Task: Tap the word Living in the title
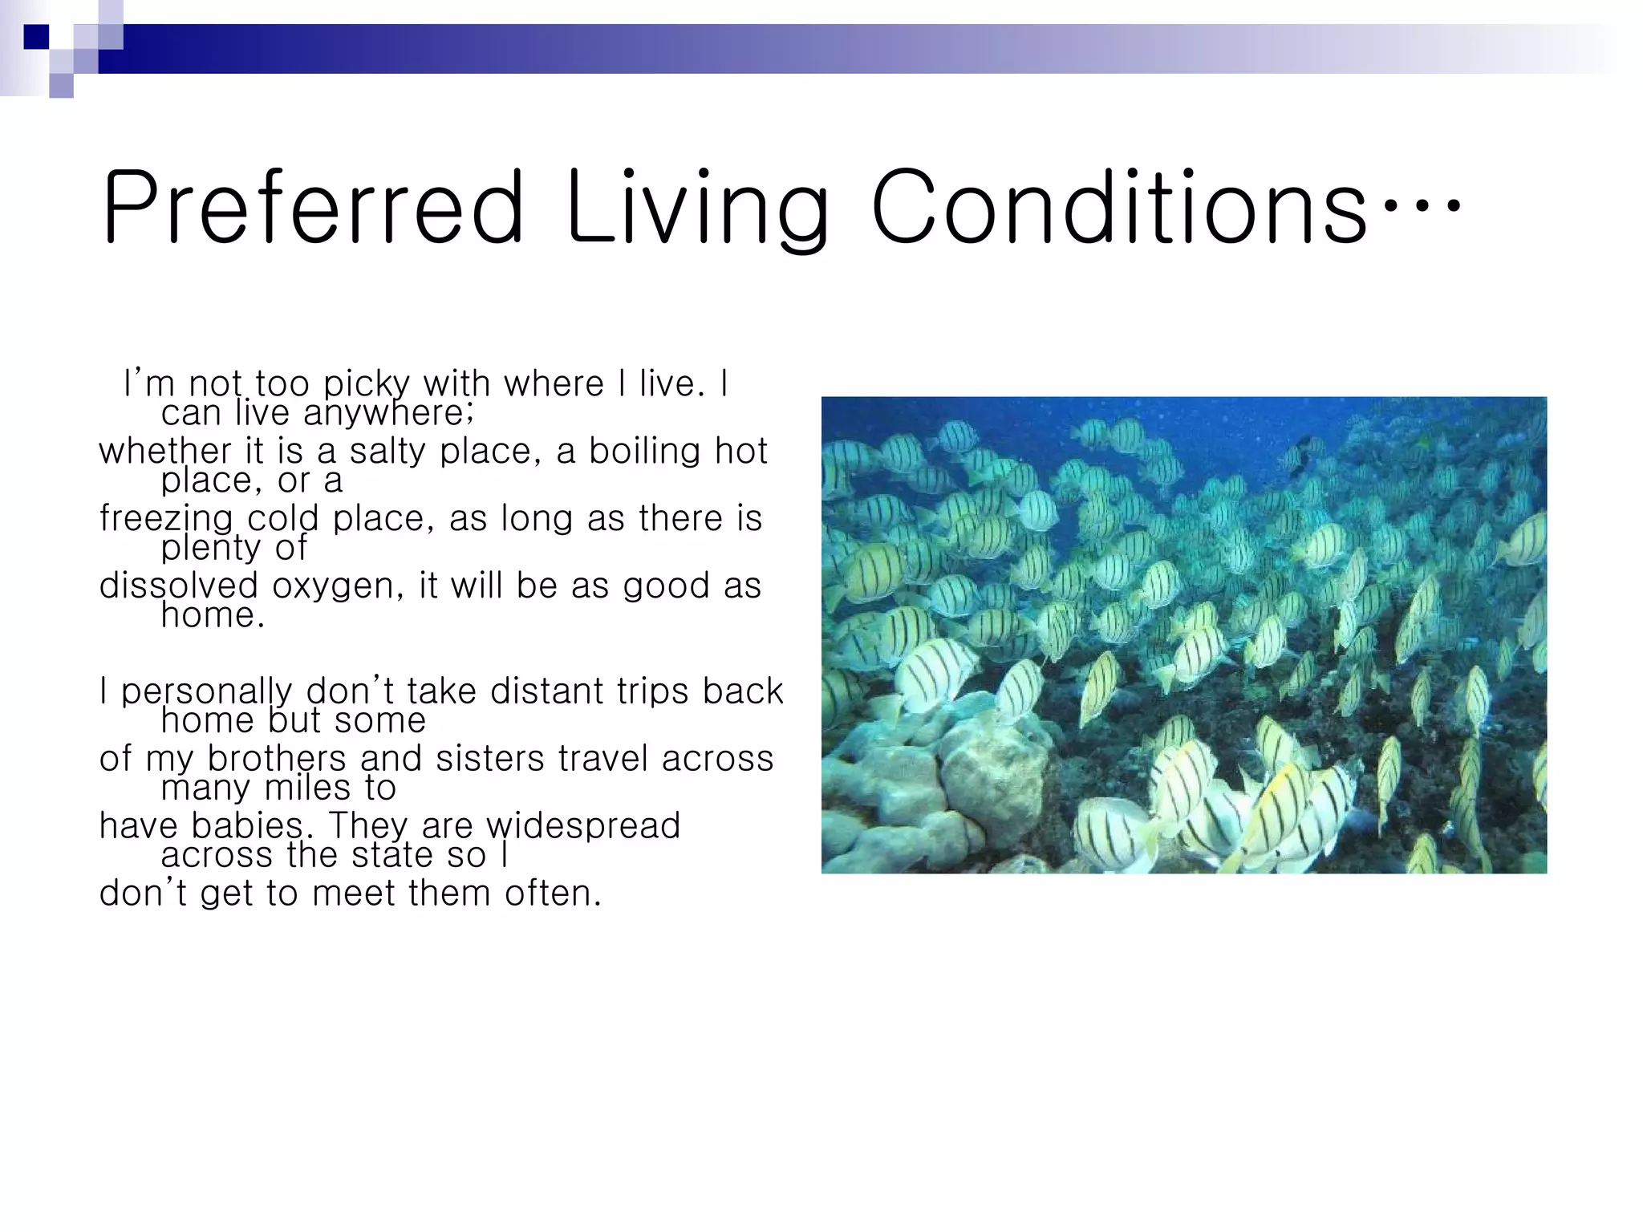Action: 696,209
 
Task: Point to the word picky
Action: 367,385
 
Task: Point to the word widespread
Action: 583,826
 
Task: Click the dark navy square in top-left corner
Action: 36,37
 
